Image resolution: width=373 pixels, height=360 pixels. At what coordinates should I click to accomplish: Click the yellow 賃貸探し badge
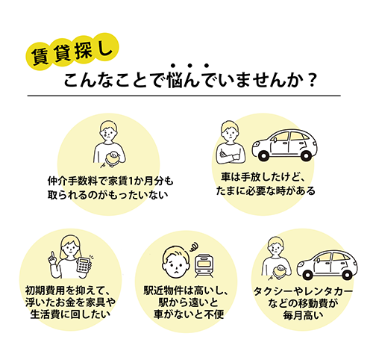(x=72, y=52)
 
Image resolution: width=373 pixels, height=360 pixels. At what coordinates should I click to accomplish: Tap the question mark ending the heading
(x=312, y=81)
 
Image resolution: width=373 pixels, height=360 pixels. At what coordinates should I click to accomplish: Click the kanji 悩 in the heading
(x=176, y=81)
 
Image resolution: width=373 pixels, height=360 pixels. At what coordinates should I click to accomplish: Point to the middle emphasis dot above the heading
(x=189, y=66)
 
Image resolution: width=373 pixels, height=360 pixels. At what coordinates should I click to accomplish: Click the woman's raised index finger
(x=52, y=255)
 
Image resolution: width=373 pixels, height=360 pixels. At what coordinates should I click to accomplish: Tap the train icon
(x=204, y=266)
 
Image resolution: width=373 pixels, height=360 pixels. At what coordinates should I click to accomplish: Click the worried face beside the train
(x=175, y=262)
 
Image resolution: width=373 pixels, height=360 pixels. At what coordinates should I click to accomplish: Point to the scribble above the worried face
(x=194, y=247)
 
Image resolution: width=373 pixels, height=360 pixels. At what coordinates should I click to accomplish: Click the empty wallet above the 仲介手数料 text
(x=112, y=158)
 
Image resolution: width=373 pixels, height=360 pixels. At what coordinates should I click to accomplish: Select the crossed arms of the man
(x=228, y=156)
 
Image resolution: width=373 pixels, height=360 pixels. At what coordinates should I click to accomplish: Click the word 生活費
(x=46, y=314)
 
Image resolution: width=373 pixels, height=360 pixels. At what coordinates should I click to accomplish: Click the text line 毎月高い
(x=303, y=315)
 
